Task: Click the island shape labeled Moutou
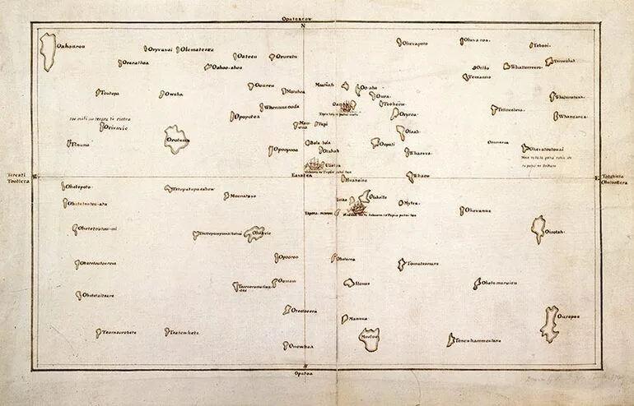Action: pyautogui.click(x=369, y=338)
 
